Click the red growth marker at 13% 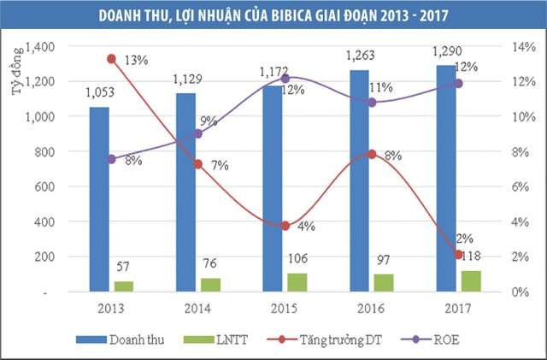[x=111, y=58]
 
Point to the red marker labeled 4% [x=285, y=226]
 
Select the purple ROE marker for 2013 [x=111, y=159]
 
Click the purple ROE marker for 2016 [x=370, y=102]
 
